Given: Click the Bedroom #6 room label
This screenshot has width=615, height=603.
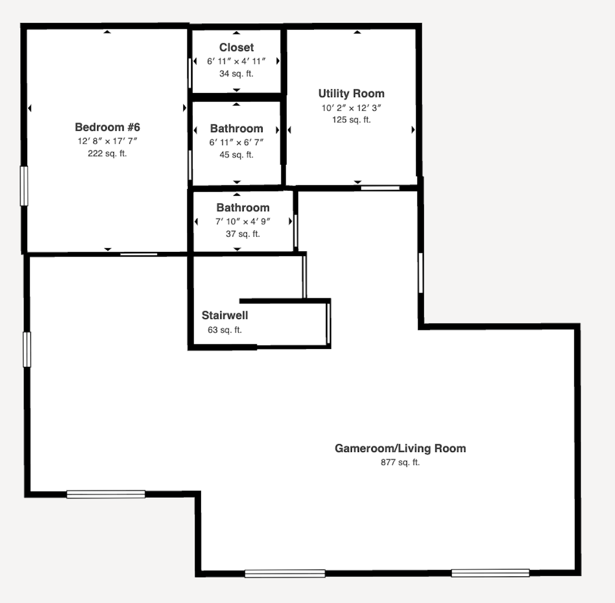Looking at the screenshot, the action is point(107,127).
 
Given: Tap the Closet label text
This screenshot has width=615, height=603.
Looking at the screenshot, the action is point(236,48).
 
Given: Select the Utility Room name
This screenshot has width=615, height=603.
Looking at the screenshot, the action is point(351,94).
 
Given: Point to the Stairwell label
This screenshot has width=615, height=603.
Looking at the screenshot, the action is point(224,315).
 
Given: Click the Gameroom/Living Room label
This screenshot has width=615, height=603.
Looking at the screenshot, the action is point(400,448).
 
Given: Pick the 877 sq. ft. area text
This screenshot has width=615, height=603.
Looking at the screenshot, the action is point(400,462).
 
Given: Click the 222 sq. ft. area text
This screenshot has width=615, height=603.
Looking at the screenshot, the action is point(107,154).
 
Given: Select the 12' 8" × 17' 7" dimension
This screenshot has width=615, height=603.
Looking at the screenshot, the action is point(107,141).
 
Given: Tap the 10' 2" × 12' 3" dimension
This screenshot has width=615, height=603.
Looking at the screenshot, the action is point(351,108).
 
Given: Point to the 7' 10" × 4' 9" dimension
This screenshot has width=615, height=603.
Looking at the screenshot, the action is point(243,222).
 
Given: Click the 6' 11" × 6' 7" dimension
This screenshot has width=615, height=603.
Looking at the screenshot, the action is point(236,142).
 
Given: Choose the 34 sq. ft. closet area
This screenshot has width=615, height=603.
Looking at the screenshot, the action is point(236,73).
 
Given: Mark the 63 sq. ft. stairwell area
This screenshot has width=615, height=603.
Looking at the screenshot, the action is point(224,330).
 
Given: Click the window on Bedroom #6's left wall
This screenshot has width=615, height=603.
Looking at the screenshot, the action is point(24,185).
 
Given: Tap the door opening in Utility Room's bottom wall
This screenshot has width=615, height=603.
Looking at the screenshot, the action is point(380,188).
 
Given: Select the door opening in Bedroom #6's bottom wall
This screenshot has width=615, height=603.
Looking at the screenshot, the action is point(138,254).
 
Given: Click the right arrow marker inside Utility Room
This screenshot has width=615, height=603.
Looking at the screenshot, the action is point(413,130).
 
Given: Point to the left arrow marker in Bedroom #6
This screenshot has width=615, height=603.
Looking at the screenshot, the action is point(30,108).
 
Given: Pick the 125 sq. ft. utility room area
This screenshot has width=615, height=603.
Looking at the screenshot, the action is point(351,120).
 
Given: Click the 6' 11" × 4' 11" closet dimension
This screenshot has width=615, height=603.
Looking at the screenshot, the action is point(236,61).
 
